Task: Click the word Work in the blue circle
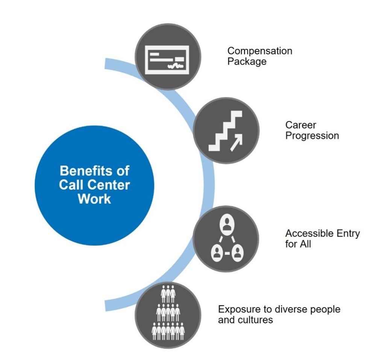point(94,199)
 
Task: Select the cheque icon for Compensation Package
point(168,57)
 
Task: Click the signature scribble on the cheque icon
point(175,67)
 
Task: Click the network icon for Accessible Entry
point(226,239)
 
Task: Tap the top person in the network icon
point(226,226)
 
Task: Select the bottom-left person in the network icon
point(216,253)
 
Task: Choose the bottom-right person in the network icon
point(237,253)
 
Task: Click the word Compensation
point(259,51)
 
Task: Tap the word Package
point(247,61)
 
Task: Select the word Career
point(301,125)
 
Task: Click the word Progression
point(312,136)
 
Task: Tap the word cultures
point(254,320)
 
